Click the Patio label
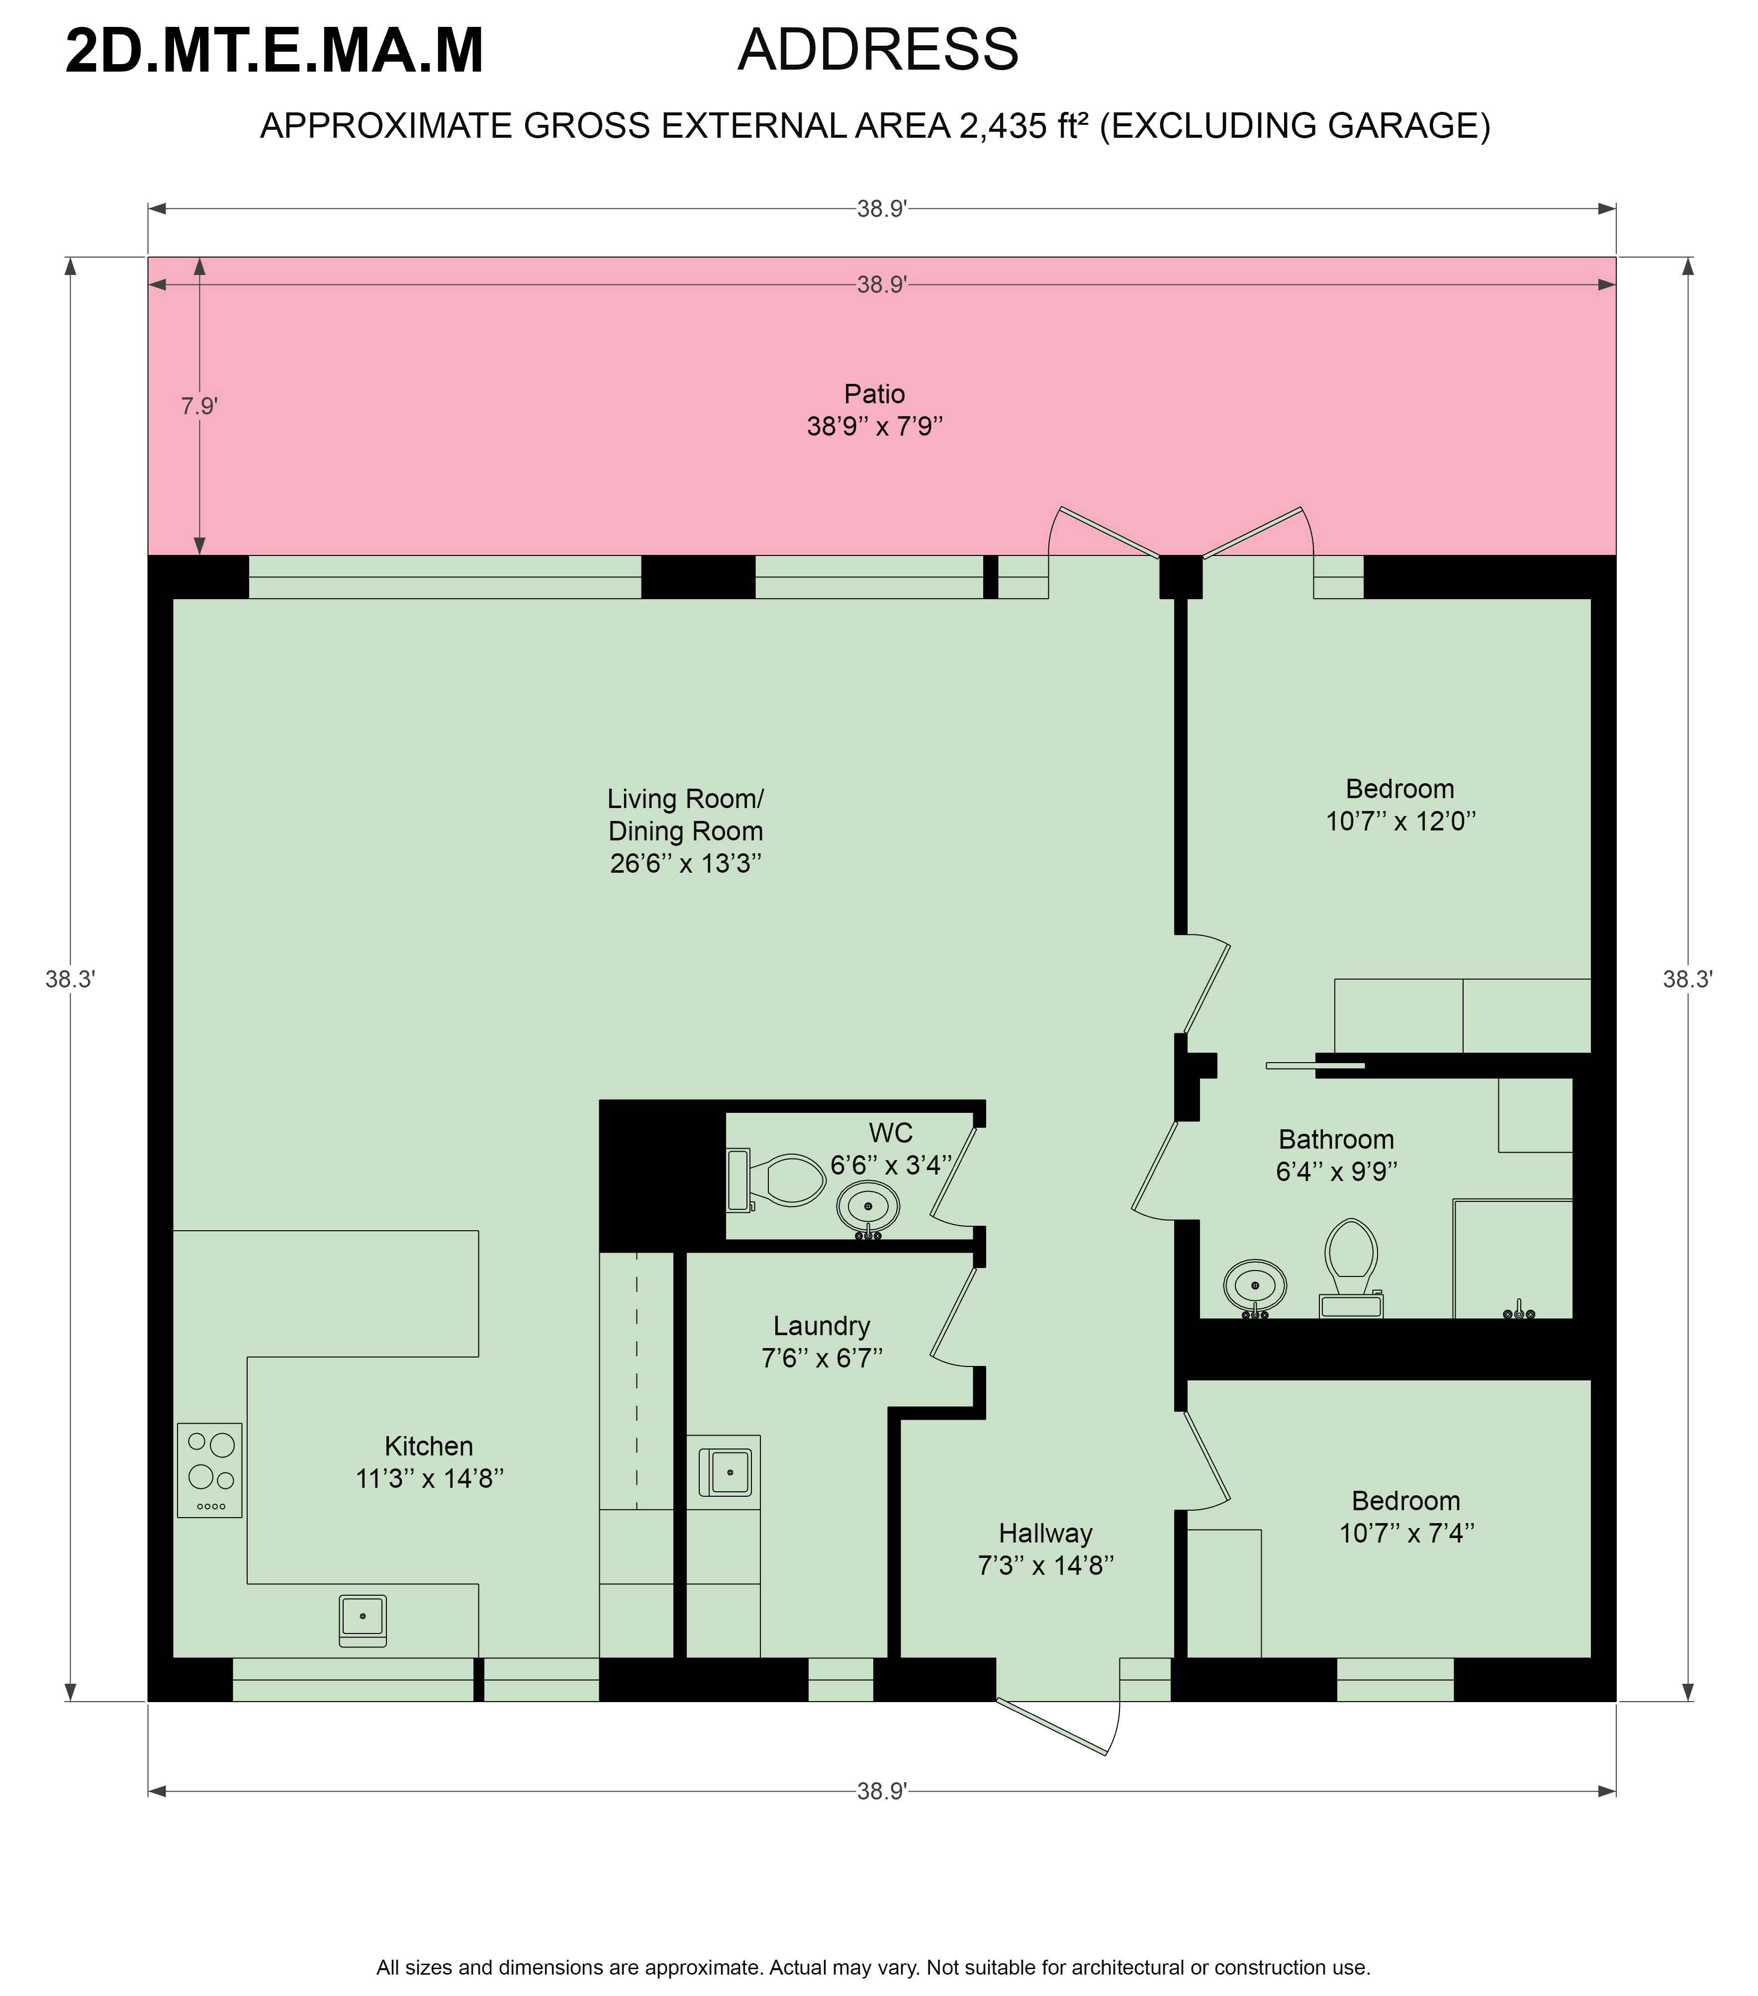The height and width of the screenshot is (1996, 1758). coord(874,393)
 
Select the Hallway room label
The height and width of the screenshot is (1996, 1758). coord(1045,1533)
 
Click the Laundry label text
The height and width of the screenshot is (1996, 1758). coord(822,1325)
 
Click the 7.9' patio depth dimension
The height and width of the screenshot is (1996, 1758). coord(198,405)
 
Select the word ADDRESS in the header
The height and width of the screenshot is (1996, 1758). coord(878,50)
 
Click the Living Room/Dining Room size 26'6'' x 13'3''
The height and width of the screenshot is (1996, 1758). coord(686,863)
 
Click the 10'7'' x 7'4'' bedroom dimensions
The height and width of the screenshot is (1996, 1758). coord(1406,1533)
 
